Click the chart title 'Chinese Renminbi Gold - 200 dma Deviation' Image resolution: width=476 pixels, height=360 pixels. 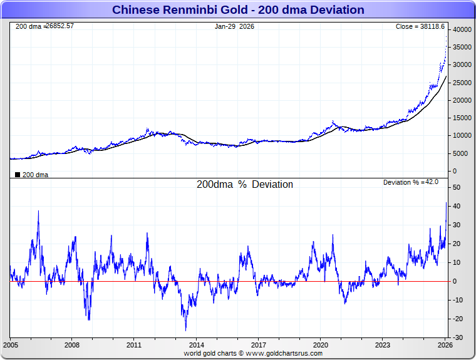(x=238, y=10)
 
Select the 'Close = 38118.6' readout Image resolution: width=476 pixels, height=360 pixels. (x=420, y=27)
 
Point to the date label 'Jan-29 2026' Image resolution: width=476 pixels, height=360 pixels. (x=235, y=27)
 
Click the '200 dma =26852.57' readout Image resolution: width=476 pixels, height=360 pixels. (x=44, y=27)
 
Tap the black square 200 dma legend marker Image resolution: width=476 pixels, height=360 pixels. (x=17, y=175)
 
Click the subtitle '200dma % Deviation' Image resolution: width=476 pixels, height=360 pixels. (x=245, y=185)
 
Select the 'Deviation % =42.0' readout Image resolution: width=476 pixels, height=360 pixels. (x=410, y=182)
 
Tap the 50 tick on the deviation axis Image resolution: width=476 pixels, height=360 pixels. (x=457, y=187)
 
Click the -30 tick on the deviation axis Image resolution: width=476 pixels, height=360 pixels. (x=457, y=338)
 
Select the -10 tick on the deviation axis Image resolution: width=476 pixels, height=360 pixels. (x=457, y=300)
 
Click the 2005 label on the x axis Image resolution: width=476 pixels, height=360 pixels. (x=11, y=345)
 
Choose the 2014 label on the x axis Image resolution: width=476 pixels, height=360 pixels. (x=196, y=345)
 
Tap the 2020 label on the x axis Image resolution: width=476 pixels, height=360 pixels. (x=320, y=345)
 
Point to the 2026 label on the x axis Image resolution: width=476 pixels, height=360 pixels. (x=444, y=345)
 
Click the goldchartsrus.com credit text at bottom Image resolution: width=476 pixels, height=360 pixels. (x=253, y=353)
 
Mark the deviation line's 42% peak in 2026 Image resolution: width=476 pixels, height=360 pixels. (x=446, y=202)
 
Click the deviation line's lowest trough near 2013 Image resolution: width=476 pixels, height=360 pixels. (x=185, y=330)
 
